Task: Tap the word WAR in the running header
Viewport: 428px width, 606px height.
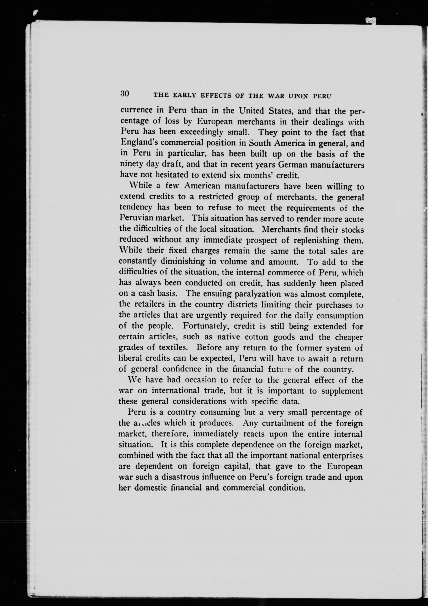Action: point(276,96)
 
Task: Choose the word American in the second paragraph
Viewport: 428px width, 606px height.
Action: point(202,186)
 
